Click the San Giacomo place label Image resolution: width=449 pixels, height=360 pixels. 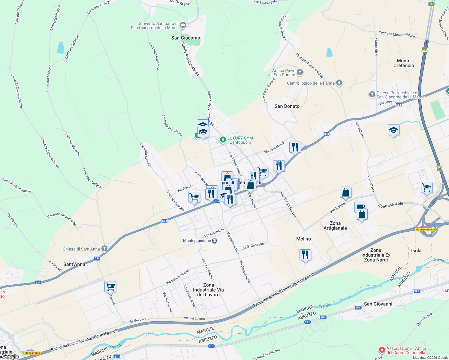click(185, 38)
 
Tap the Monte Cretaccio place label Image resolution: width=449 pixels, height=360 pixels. click(403, 63)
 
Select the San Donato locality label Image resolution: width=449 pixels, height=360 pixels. click(287, 106)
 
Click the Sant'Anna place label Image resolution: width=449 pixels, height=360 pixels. click(74, 264)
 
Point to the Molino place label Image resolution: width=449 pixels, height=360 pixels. click(303, 239)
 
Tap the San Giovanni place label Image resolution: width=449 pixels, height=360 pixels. click(378, 304)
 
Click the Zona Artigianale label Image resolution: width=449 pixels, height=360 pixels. click(335, 226)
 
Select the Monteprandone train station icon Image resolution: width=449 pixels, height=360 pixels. click(214, 241)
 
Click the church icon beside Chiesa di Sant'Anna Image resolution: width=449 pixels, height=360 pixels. click(104, 248)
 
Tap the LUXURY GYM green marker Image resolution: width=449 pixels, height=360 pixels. click(223, 139)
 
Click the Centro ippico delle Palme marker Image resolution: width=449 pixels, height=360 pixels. click(339, 82)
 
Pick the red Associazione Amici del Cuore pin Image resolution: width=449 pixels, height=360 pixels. click(382, 350)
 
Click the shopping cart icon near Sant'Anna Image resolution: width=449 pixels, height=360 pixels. click(110, 287)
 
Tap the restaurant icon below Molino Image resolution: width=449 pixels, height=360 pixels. click(305, 255)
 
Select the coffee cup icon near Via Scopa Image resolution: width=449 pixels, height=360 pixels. click(360, 206)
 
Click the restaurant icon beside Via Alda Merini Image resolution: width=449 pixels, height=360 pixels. click(295, 147)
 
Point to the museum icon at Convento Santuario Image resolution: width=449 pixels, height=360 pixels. click(183, 25)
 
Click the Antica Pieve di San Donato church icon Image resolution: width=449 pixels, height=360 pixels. click(300, 72)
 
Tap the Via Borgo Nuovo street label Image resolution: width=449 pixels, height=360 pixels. click(288, 204)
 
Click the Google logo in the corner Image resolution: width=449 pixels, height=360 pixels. click(10, 356)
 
